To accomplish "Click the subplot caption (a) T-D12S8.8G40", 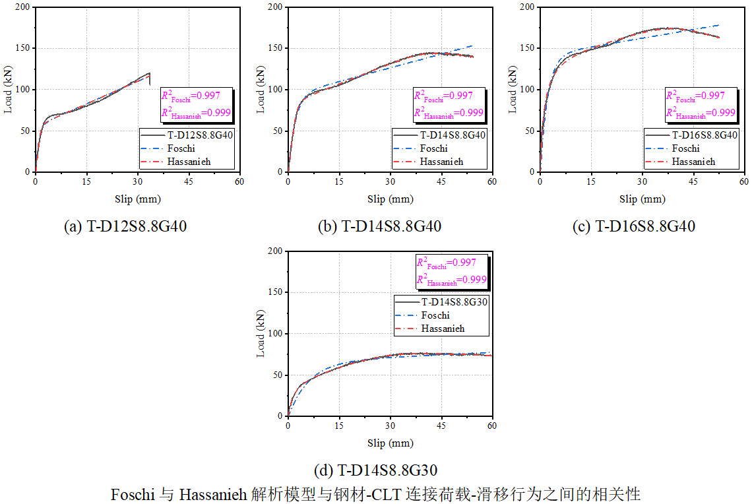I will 125,226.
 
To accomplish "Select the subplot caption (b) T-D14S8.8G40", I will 379,226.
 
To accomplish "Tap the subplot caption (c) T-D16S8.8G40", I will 633,226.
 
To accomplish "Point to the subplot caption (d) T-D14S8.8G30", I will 376,470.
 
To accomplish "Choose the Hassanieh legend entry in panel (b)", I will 441,162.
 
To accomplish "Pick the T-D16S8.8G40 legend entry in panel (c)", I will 703,135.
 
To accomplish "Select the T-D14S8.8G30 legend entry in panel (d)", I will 454,302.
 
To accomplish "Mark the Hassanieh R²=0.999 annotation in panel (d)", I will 451,280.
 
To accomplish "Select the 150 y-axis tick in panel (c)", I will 528,48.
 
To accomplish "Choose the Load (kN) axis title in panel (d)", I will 261,334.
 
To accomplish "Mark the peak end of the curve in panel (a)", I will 150,73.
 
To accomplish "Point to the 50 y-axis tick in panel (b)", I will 278,131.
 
